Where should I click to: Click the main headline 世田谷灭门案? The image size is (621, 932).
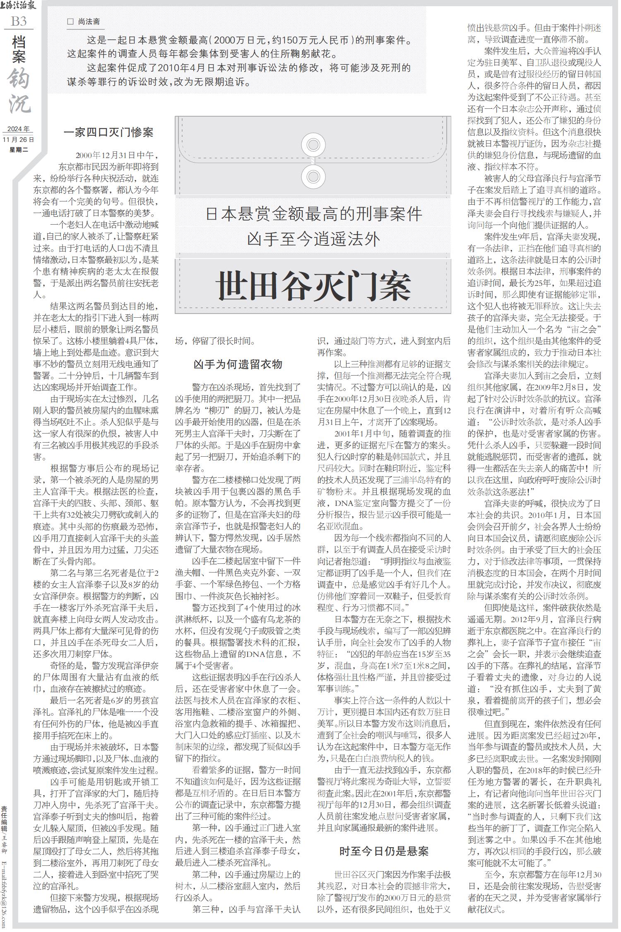point(314,286)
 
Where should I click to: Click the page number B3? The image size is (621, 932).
point(18,21)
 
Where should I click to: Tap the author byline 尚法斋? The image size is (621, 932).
point(89,22)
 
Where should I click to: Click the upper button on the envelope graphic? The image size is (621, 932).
point(313,145)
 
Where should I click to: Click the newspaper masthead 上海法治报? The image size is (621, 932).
point(18,6)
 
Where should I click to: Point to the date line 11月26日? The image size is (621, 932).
point(18,140)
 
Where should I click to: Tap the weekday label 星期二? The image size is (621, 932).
point(18,149)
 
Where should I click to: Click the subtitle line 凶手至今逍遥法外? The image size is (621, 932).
point(313,239)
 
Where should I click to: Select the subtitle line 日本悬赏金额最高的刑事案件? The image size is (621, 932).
point(313,214)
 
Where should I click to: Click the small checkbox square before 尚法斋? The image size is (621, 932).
point(70,22)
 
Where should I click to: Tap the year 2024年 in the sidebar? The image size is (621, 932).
point(18,129)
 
